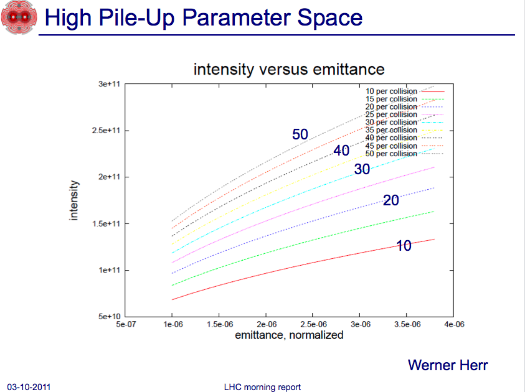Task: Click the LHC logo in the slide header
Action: [19, 17]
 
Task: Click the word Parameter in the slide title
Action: [237, 17]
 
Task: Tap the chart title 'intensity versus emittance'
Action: [289, 70]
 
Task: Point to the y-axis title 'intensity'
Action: [73, 200]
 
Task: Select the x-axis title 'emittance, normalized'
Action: [289, 335]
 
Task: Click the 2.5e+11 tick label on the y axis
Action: [106, 131]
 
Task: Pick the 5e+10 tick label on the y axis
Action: [109, 317]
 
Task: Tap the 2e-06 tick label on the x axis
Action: [267, 324]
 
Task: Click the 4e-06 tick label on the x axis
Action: [454, 324]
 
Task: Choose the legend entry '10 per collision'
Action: [404, 91]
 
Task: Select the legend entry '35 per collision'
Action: [404, 130]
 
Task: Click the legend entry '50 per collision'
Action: [404, 154]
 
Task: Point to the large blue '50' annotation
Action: [300, 134]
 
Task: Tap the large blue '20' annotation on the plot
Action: [390, 200]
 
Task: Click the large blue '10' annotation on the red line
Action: [404, 246]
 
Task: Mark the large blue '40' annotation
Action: [341, 151]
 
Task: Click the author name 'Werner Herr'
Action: [448, 365]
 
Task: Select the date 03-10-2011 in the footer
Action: [29, 387]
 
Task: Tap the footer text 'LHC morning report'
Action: [263, 387]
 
